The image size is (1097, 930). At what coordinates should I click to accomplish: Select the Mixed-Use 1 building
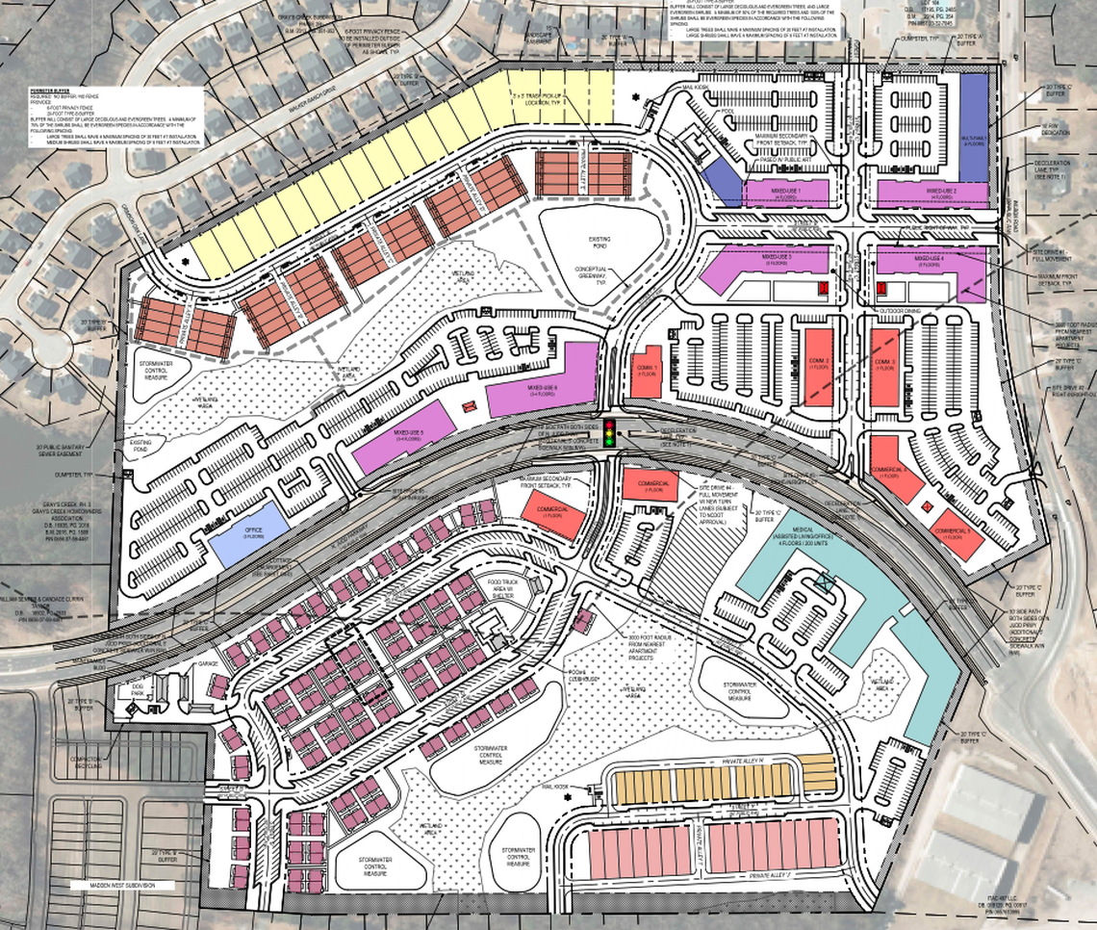[785, 193]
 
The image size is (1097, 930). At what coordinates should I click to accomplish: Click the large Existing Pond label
[600, 234]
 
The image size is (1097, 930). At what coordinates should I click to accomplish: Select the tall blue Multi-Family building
[973, 125]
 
